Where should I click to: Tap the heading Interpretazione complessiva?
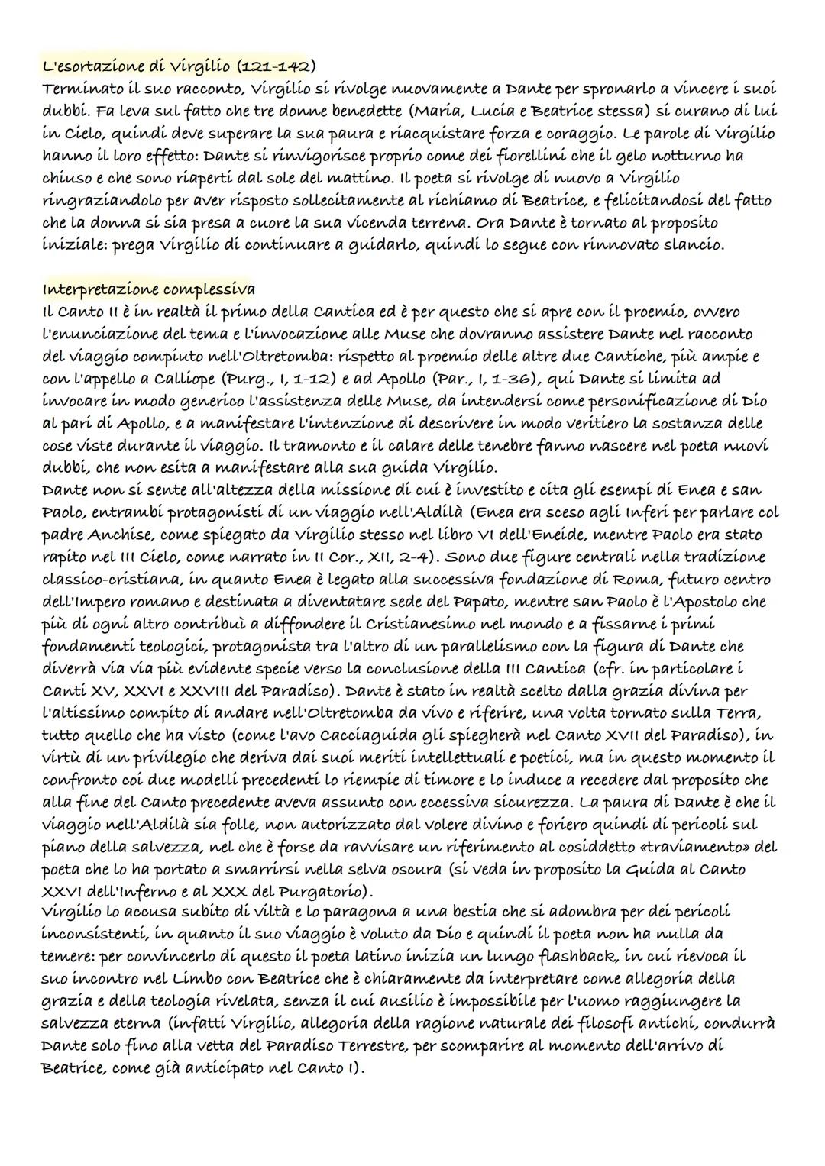pyautogui.click(x=149, y=289)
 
